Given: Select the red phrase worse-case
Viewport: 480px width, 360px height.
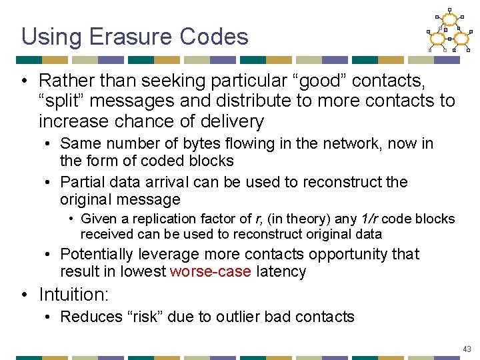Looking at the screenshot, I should (x=211, y=271).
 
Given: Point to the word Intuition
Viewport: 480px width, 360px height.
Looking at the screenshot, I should (x=73, y=294).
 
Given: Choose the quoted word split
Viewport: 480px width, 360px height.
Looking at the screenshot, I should (x=61, y=101).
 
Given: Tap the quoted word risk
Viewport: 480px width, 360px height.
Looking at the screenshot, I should (x=136, y=317).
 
